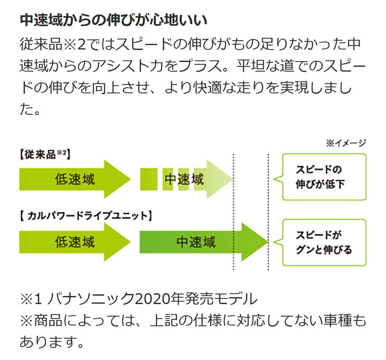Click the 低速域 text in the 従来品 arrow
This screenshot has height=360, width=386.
(74, 179)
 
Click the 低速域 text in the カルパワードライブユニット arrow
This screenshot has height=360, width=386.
(74, 242)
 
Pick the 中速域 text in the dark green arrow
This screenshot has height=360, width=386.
(196, 242)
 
